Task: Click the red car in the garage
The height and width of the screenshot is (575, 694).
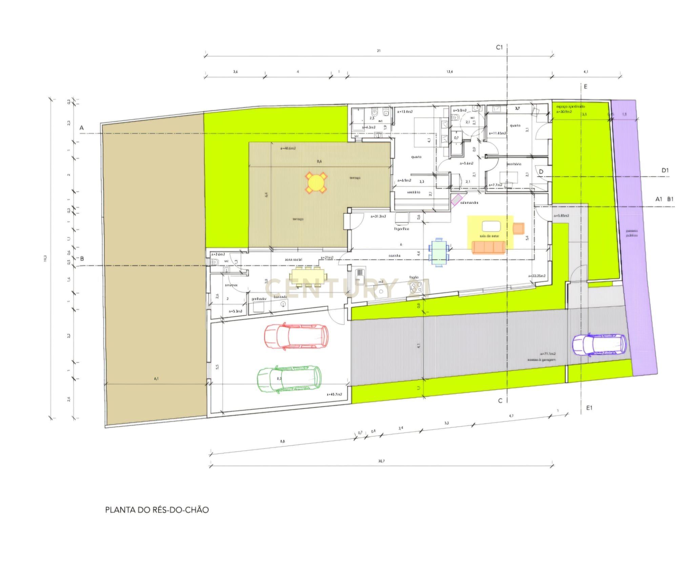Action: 296,337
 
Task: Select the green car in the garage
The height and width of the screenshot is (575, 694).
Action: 289,379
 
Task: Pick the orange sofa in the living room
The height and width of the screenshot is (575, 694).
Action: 488,247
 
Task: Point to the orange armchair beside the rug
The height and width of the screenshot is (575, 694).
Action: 518,228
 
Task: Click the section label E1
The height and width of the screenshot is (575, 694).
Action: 589,408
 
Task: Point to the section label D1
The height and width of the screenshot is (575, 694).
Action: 665,170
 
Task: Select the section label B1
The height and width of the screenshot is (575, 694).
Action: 670,199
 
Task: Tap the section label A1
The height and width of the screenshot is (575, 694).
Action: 658,199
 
